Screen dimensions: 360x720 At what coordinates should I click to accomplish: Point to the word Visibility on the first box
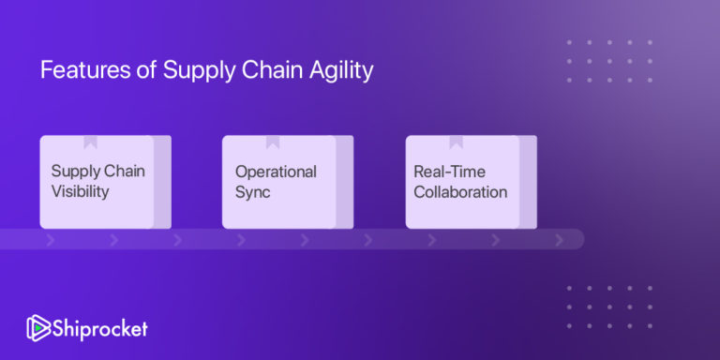pos(81,192)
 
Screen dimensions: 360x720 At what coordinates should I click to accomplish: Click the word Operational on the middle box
pos(276,172)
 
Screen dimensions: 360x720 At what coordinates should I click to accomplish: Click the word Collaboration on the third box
pos(460,192)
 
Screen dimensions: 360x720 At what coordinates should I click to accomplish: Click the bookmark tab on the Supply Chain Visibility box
pos(90,142)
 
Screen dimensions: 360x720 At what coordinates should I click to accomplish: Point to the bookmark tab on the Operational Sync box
pos(273,142)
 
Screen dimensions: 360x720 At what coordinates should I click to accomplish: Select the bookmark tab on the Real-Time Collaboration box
pos(457,142)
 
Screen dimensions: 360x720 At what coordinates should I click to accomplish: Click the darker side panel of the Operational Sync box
pos(345,182)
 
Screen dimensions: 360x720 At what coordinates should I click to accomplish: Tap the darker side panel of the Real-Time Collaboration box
pos(528,182)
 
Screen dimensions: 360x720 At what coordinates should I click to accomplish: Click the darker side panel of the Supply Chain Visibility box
pos(162,182)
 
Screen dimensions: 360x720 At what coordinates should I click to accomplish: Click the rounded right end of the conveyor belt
pos(576,239)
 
